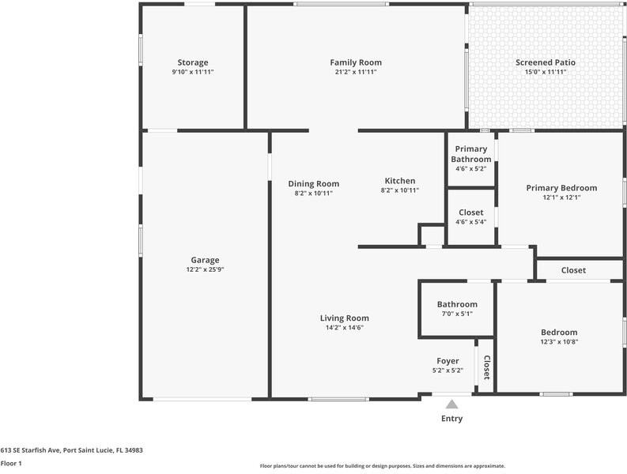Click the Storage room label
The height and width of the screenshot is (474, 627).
click(x=193, y=62)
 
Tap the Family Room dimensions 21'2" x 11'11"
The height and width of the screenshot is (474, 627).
click(x=356, y=72)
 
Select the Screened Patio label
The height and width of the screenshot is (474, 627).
click(x=546, y=62)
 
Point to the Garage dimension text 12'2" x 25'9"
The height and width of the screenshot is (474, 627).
click(x=205, y=269)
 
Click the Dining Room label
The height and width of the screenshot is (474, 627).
click(x=313, y=184)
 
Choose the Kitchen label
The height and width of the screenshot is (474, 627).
click(x=400, y=181)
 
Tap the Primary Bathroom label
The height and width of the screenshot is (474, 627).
click(x=471, y=154)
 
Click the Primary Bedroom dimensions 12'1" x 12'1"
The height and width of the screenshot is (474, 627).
click(x=561, y=197)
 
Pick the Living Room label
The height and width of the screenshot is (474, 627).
click(x=344, y=318)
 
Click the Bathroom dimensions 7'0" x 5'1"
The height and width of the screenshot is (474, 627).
click(x=457, y=314)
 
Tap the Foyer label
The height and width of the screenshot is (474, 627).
click(x=448, y=361)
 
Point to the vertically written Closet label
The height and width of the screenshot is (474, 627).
click(x=487, y=367)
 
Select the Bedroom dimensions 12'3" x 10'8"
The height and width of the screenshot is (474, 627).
click(x=559, y=342)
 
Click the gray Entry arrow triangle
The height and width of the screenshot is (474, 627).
click(x=451, y=404)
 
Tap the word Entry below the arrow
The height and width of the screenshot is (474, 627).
click(x=451, y=419)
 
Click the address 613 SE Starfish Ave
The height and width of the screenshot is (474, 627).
click(x=30, y=450)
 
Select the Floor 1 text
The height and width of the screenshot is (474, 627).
click(x=11, y=463)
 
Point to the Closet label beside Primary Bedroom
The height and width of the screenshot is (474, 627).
click(x=573, y=270)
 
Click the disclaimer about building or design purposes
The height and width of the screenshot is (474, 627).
click(x=382, y=466)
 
